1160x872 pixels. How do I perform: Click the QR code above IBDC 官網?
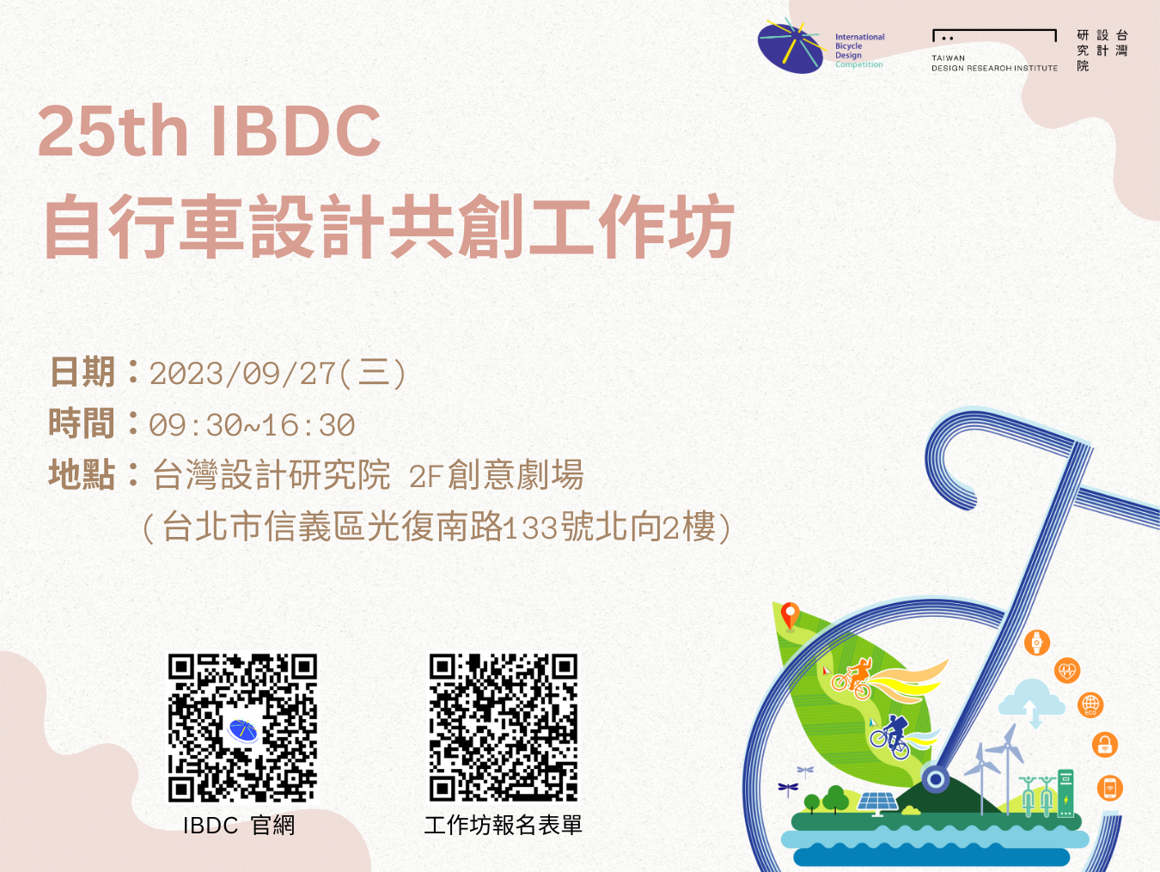(242, 728)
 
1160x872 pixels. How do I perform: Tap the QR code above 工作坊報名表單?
(504, 728)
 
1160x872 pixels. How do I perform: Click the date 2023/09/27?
(243, 374)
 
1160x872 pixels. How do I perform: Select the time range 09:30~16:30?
(252, 425)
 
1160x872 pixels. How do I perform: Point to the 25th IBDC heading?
(210, 131)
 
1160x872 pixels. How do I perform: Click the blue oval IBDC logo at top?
(791, 46)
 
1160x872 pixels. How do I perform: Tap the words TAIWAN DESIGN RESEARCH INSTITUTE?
(994, 63)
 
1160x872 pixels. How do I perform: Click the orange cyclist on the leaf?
(852, 679)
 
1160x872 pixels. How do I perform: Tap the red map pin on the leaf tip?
(790, 616)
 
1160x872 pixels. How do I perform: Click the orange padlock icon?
(1104, 745)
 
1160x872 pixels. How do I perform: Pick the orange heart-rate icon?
(1067, 671)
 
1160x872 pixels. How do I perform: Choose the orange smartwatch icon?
(1037, 643)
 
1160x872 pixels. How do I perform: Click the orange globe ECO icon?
(1090, 705)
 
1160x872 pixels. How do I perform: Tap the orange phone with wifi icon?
(1110, 789)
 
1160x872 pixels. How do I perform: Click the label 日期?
(82, 372)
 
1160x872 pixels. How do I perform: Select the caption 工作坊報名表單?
(504, 825)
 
